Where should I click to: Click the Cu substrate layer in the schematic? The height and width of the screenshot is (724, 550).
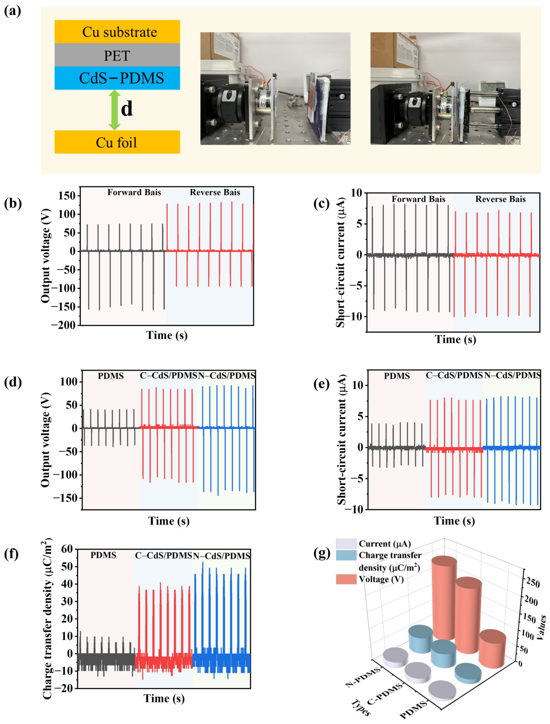point(117,32)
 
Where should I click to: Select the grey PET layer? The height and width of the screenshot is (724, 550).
point(117,55)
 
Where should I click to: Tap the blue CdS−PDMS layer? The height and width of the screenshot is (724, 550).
point(117,78)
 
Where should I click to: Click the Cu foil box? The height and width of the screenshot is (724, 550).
point(117,142)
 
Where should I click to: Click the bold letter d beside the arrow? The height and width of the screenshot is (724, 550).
point(127,109)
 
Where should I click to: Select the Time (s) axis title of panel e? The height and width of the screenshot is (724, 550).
point(454,520)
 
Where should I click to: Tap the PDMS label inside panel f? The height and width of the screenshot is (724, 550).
point(103,555)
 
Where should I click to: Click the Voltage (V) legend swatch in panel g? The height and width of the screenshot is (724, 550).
point(346,579)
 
